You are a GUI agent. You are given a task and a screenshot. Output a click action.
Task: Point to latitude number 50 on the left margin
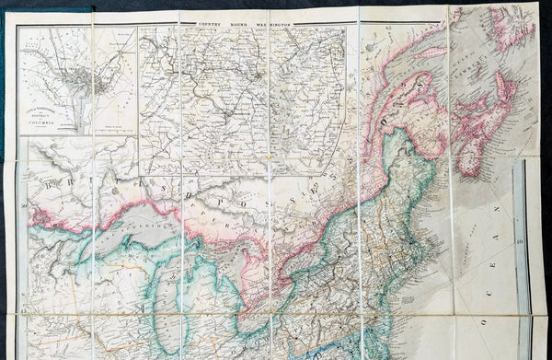click(x=24, y=206)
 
